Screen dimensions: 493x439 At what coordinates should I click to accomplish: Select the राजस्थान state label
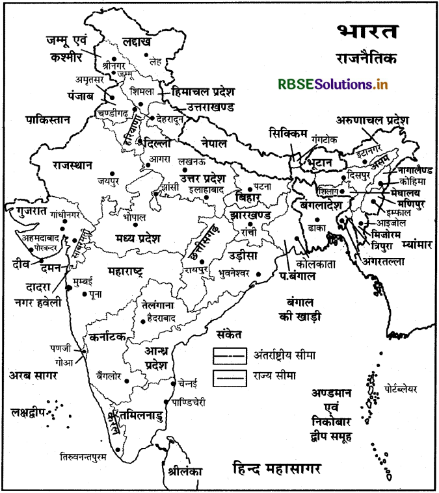coord(72,165)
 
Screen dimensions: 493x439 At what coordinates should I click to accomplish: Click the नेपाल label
coord(214,143)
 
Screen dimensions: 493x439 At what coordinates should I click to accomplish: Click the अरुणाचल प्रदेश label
coord(372,120)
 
